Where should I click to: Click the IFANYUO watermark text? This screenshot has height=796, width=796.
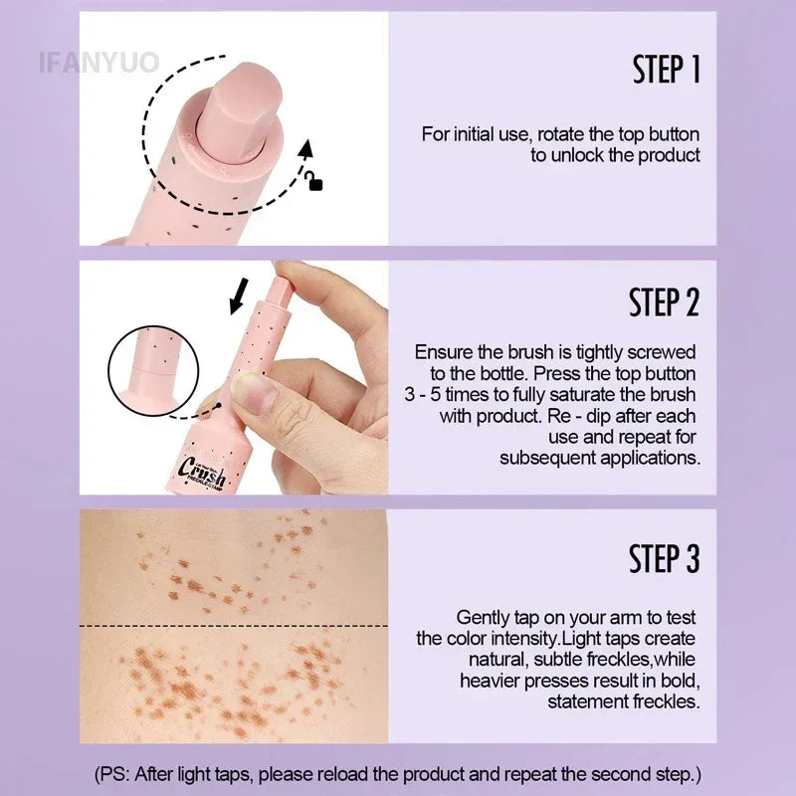tap(99, 62)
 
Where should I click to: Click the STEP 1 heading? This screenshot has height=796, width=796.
tap(666, 71)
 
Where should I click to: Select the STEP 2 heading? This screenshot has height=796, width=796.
tap(664, 302)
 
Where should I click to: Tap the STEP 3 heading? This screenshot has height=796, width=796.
tap(664, 558)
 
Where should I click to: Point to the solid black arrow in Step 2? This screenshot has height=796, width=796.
tap(239, 296)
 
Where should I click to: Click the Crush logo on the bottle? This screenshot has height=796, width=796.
tap(204, 469)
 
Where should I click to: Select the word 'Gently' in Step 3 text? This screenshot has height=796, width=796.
tap(483, 618)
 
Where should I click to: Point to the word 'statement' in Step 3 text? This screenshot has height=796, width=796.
tap(585, 701)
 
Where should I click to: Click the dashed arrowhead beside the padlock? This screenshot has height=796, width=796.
tap(307, 150)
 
